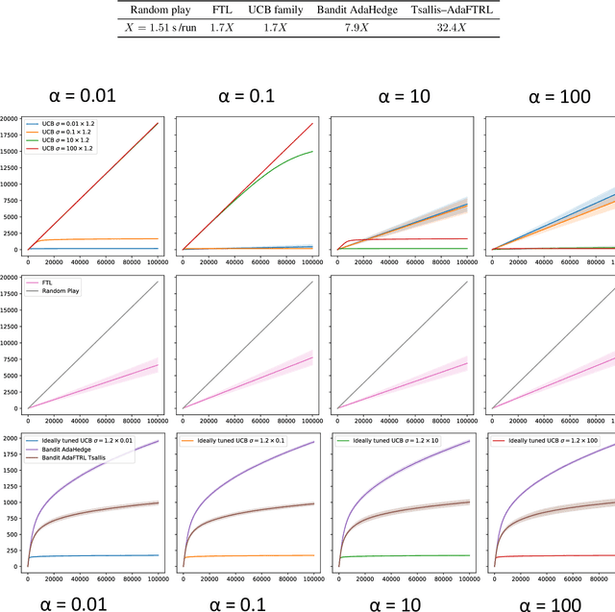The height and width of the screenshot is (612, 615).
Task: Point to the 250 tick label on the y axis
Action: (x=12, y=550)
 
